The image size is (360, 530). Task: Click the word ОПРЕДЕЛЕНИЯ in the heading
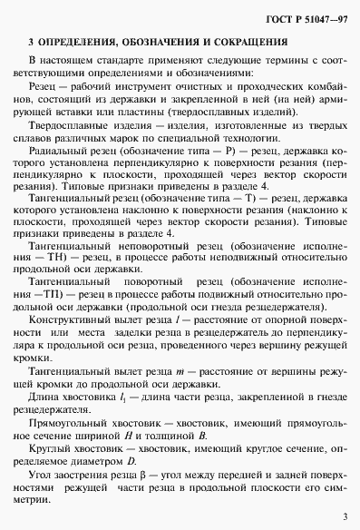pyautogui.click(x=88, y=41)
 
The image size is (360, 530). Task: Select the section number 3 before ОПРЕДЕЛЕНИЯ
pyautogui.click(x=31, y=41)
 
